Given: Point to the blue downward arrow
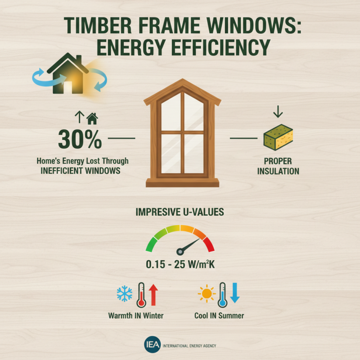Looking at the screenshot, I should [x=235, y=293].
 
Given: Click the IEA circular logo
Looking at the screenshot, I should [x=150, y=345].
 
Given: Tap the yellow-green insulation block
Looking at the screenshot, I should [x=278, y=138].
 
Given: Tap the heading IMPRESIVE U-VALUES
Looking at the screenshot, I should [x=180, y=212].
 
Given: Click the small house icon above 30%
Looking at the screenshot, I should [x=92, y=119].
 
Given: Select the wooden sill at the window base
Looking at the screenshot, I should [x=182, y=182].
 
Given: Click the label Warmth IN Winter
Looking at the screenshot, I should [x=136, y=315].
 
